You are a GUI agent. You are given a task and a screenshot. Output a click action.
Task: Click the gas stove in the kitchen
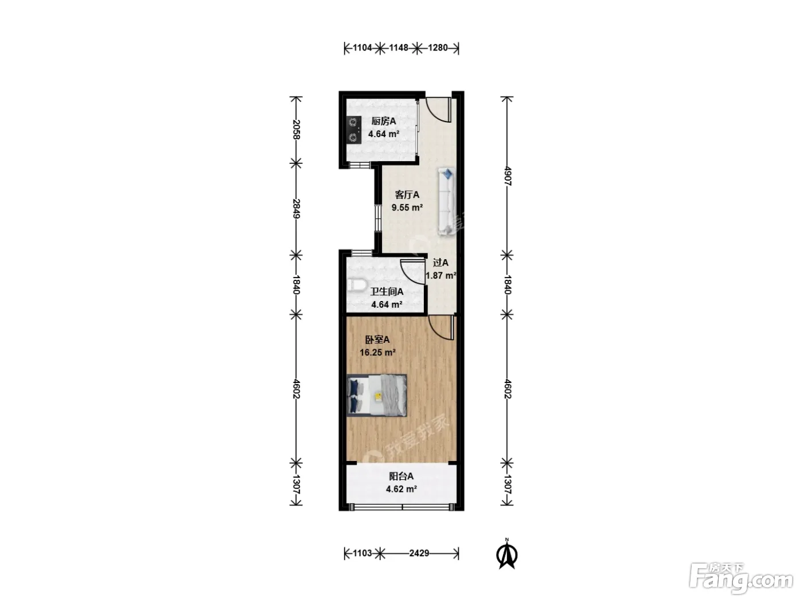(x=354, y=130)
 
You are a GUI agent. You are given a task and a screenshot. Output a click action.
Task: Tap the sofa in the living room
(x=447, y=201)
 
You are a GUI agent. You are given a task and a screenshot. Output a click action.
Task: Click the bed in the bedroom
(x=377, y=396)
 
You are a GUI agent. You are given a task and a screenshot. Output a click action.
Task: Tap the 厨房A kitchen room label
(x=383, y=121)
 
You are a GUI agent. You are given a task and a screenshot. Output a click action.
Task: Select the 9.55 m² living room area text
(x=407, y=208)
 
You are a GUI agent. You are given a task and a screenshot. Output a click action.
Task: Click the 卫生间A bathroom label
(x=387, y=292)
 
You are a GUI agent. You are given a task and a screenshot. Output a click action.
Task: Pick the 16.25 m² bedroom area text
(x=377, y=353)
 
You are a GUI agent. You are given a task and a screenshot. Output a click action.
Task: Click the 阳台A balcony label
(x=401, y=476)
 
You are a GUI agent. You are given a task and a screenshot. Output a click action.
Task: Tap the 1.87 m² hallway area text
(x=441, y=275)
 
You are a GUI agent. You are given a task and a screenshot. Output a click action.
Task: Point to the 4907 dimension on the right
(x=507, y=176)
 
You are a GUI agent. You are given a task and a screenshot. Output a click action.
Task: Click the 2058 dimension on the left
(x=296, y=130)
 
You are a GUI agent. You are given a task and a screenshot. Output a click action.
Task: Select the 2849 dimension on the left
(x=296, y=209)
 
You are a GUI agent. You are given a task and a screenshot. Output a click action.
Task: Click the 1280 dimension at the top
(x=438, y=48)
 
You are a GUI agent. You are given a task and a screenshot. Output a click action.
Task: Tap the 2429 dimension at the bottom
(x=419, y=553)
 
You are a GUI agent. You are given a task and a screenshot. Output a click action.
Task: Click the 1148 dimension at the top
(x=399, y=48)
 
